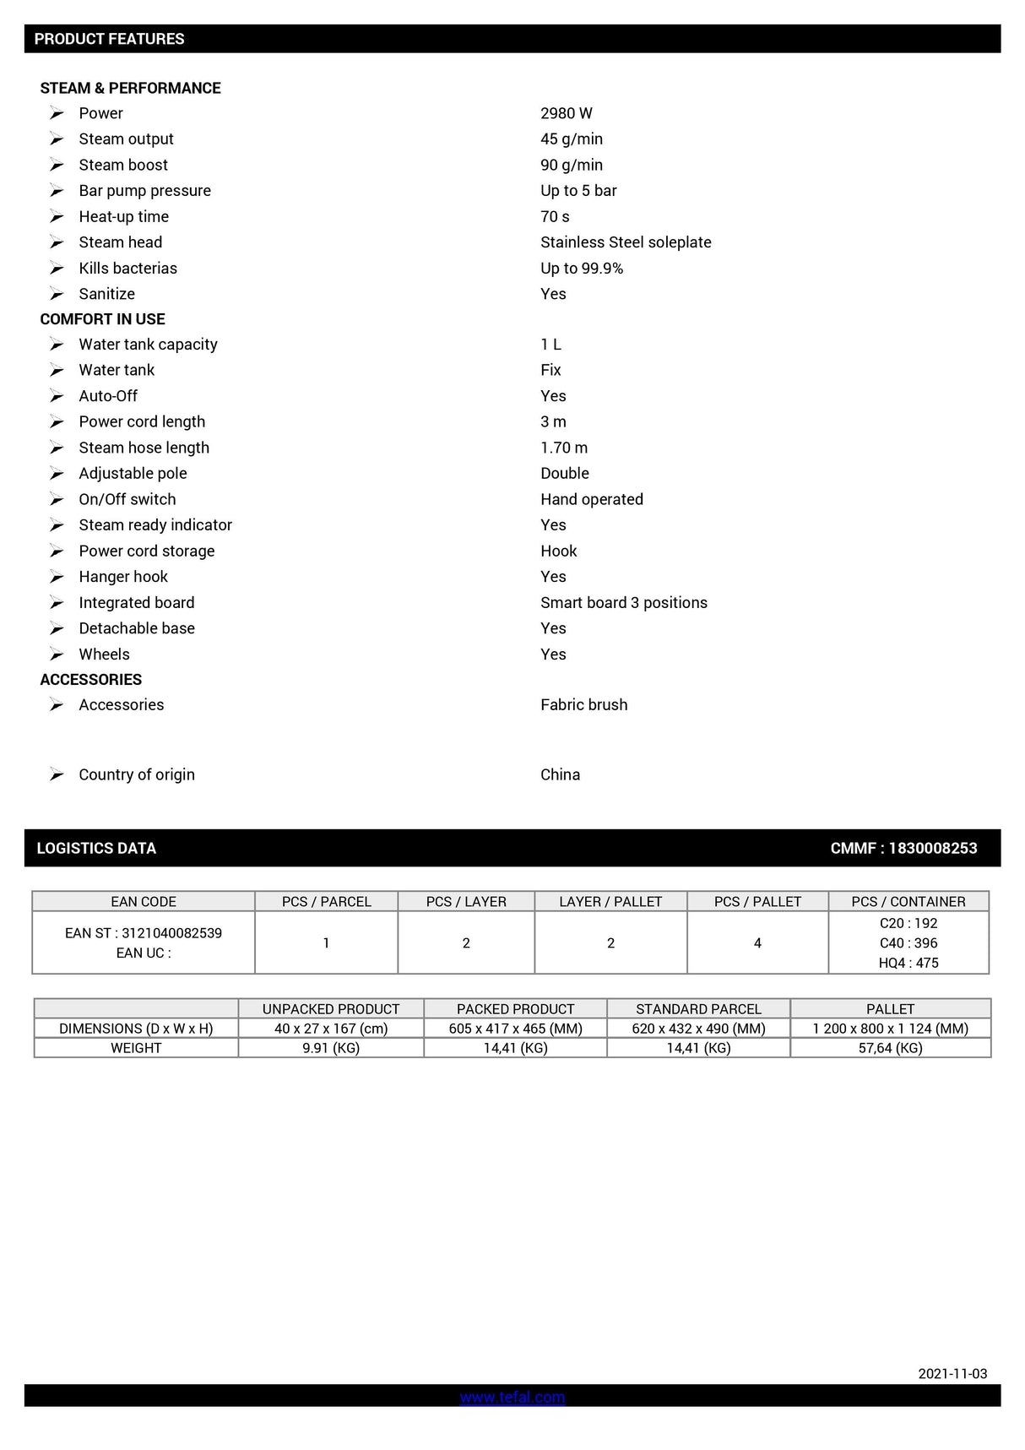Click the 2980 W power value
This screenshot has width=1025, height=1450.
pyautogui.click(x=567, y=113)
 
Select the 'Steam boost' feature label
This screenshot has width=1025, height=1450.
pyautogui.click(x=123, y=165)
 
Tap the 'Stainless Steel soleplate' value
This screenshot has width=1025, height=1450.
pyautogui.click(x=626, y=242)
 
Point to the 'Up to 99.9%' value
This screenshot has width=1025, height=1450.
pyautogui.click(x=582, y=269)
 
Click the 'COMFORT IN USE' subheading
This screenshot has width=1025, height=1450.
pyautogui.click(x=102, y=319)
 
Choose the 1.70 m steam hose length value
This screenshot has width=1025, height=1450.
pyautogui.click(x=564, y=448)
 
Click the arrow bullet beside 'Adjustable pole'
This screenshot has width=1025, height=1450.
pyautogui.click(x=57, y=474)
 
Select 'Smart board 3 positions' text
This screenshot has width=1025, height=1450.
pyautogui.click(x=624, y=603)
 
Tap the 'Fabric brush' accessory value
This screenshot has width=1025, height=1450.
pyautogui.click(x=584, y=705)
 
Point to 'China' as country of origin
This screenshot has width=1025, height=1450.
pyautogui.click(x=560, y=775)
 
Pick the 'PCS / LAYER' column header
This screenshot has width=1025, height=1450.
pyautogui.click(x=466, y=902)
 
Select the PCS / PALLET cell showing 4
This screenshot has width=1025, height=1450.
pyautogui.click(x=757, y=943)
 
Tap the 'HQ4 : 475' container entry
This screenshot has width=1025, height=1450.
pyautogui.click(x=908, y=964)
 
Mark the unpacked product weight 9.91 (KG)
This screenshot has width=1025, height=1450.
pyautogui.click(x=331, y=1048)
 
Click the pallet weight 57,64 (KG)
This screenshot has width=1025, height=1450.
pyautogui.click(x=890, y=1048)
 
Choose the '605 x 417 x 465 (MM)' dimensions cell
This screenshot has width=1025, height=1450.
pyautogui.click(x=515, y=1029)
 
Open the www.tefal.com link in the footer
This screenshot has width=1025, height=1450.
pyautogui.click(x=512, y=1398)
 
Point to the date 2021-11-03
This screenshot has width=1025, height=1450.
pyautogui.click(x=952, y=1374)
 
